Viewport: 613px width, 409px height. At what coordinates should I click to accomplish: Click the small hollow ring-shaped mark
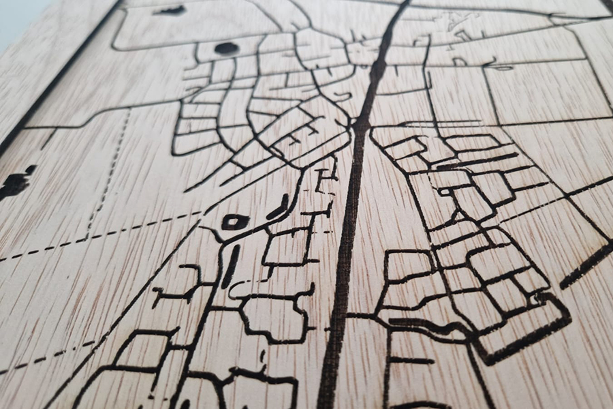(x=235, y=222)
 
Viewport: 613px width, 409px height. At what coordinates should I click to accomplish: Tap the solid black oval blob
(x=226, y=48)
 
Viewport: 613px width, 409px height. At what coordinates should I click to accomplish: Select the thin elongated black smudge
(x=170, y=10)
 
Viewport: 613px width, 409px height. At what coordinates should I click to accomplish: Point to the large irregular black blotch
(x=15, y=182)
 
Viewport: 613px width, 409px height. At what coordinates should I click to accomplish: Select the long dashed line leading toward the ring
(x=102, y=235)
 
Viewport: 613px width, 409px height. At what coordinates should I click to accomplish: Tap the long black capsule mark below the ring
(x=230, y=266)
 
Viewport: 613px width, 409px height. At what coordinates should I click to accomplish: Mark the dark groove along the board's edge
(x=61, y=75)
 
